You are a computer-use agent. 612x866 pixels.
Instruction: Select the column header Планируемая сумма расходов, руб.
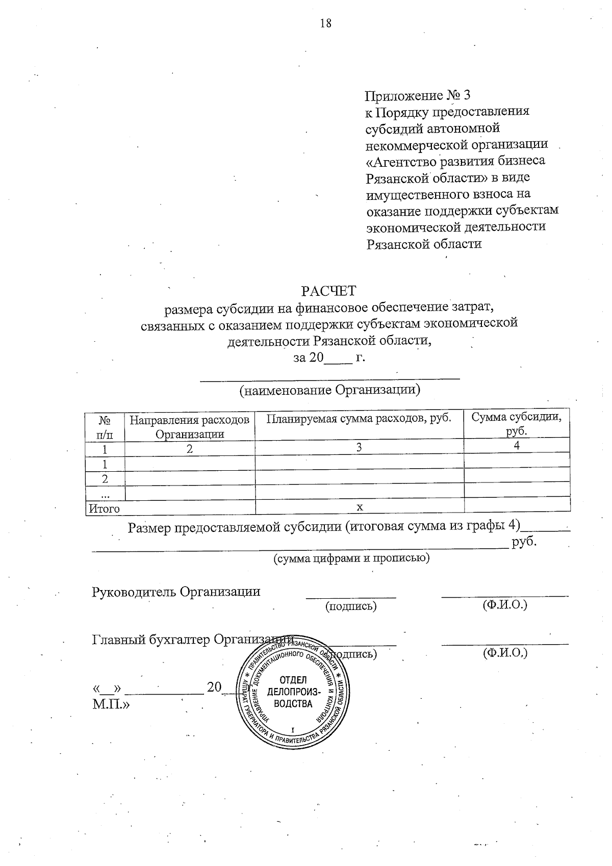click(359, 419)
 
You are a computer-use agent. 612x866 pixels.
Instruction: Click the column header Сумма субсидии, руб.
click(516, 424)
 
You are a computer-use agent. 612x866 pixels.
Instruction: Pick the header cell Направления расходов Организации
click(190, 426)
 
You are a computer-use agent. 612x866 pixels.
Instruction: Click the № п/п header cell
click(105, 426)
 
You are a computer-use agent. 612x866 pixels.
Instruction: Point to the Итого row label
click(105, 508)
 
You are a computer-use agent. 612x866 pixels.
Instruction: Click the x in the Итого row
click(359, 507)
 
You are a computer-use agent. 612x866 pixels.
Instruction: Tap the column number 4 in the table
click(517, 445)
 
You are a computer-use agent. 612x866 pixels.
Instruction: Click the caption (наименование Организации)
click(329, 391)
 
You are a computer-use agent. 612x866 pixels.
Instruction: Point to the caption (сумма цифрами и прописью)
click(352, 558)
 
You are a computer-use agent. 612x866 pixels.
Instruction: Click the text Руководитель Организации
click(176, 592)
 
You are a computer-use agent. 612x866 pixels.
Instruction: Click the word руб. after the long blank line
click(525, 542)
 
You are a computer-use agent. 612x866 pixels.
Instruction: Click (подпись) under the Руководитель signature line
click(351, 606)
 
